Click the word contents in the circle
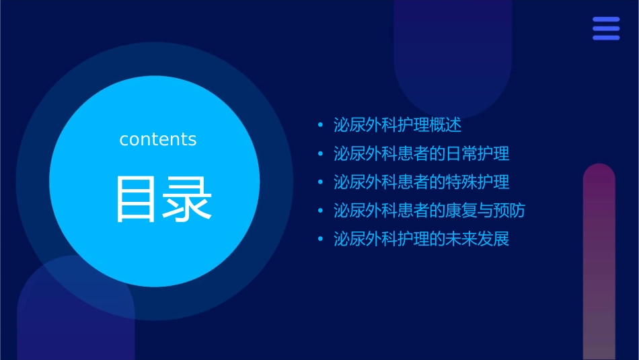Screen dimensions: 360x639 pyautogui.click(x=158, y=139)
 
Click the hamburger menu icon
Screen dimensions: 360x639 pyautogui.click(x=606, y=29)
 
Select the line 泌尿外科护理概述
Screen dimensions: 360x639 pyautogui.click(x=398, y=125)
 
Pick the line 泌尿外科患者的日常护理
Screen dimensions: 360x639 pyautogui.click(x=422, y=153)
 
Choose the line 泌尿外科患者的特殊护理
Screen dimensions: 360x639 pyautogui.click(x=422, y=182)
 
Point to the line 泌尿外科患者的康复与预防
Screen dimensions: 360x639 pyautogui.click(x=429, y=210)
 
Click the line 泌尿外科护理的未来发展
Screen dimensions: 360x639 pyautogui.click(x=422, y=238)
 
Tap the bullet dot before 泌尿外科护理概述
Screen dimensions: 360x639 pyautogui.click(x=320, y=126)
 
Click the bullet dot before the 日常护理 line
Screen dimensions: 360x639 pyautogui.click(x=320, y=154)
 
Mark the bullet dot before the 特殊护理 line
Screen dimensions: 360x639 pyautogui.click(x=320, y=182)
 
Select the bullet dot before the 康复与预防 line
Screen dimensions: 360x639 pyautogui.click(x=320, y=211)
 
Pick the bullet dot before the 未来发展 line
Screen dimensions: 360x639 pyautogui.click(x=320, y=239)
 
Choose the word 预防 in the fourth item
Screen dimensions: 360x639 pyautogui.click(x=509, y=210)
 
